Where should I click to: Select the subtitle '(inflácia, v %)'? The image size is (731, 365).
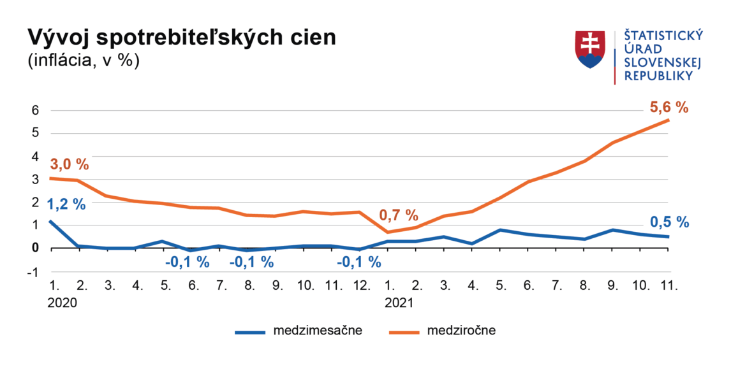[83, 61]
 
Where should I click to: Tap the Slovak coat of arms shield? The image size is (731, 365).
[591, 50]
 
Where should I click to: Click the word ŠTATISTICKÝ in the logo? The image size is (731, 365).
[663, 36]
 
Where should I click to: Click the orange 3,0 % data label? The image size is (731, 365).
[69, 164]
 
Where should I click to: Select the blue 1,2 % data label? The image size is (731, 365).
[66, 204]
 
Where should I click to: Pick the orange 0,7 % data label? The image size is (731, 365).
[398, 215]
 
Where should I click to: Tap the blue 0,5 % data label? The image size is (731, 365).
[670, 222]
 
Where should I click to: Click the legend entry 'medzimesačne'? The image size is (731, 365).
[318, 331]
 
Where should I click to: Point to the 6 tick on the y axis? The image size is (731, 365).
[36, 111]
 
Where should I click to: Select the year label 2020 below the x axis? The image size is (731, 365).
[63, 303]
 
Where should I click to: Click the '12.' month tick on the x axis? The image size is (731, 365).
[361, 286]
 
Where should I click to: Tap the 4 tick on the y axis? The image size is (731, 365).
[36, 157]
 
